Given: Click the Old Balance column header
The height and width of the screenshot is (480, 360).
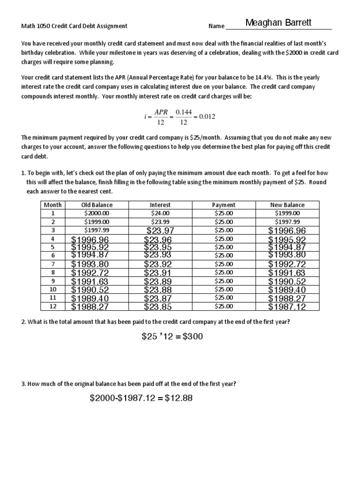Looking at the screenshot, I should tap(97, 205).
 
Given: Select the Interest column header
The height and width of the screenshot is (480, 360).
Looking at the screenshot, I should tap(160, 205).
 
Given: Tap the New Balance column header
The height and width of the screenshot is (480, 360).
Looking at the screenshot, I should tap(287, 205).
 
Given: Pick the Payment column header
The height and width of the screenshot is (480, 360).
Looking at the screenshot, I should tap(224, 205).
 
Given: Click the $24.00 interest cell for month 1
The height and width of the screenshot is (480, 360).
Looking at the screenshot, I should tap(160, 213).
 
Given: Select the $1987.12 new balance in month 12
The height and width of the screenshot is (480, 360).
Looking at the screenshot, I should tap(287, 307).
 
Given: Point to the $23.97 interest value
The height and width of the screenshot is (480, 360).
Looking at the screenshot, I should tap(160, 230).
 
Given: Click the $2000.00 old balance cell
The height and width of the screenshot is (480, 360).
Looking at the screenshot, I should tap(97, 213).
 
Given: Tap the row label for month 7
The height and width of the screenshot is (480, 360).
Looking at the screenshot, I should tap(53, 263).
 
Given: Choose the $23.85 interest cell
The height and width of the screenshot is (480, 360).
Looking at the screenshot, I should tap(158, 307).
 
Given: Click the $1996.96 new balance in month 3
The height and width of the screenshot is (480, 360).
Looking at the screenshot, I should tap(287, 230).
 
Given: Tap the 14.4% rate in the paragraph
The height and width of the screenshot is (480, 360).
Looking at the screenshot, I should tap(272, 77).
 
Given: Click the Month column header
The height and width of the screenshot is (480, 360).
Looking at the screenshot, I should tap(53, 205).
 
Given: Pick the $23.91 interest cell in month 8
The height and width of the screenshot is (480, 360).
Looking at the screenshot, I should tap(158, 272).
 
